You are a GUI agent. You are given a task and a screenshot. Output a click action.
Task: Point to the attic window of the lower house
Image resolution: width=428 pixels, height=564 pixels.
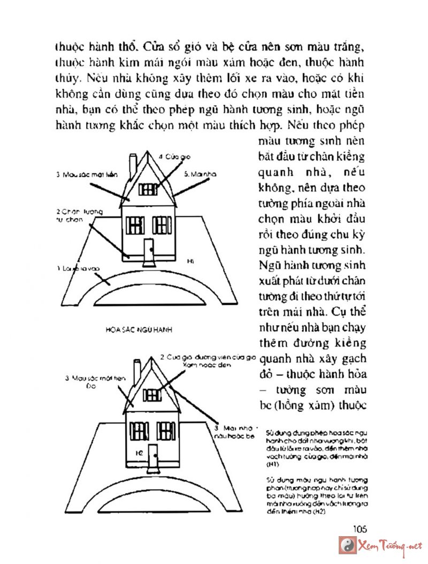(x=152, y=395)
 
